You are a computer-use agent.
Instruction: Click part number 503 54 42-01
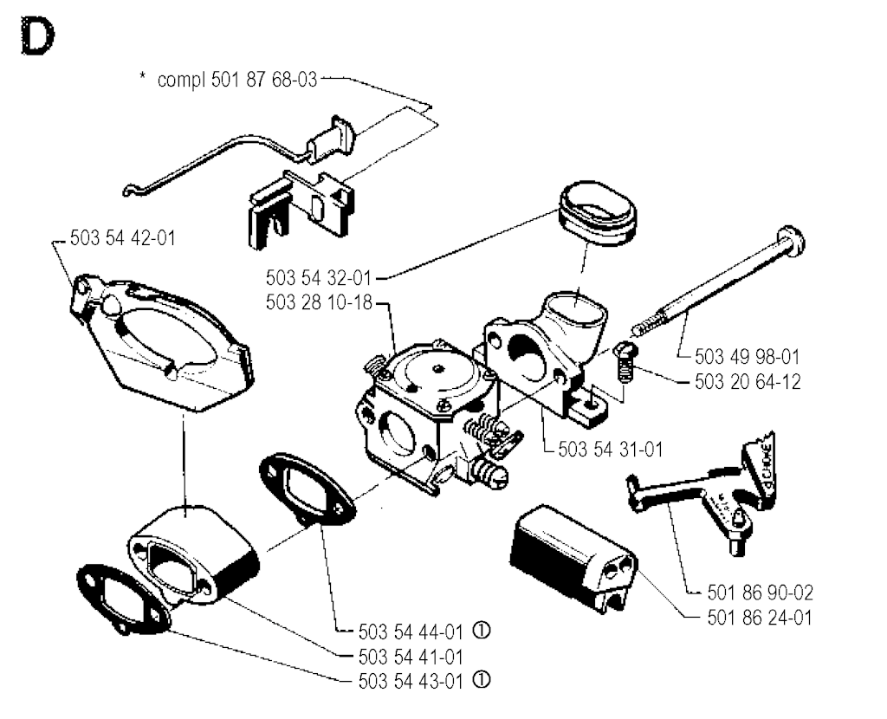(120, 237)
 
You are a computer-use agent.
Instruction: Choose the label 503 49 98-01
(748, 356)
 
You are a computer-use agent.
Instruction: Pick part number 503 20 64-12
(748, 381)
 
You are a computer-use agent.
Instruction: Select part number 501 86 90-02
(760, 593)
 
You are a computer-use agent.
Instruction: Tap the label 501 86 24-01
(760, 618)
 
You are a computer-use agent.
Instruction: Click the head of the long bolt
(792, 236)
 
